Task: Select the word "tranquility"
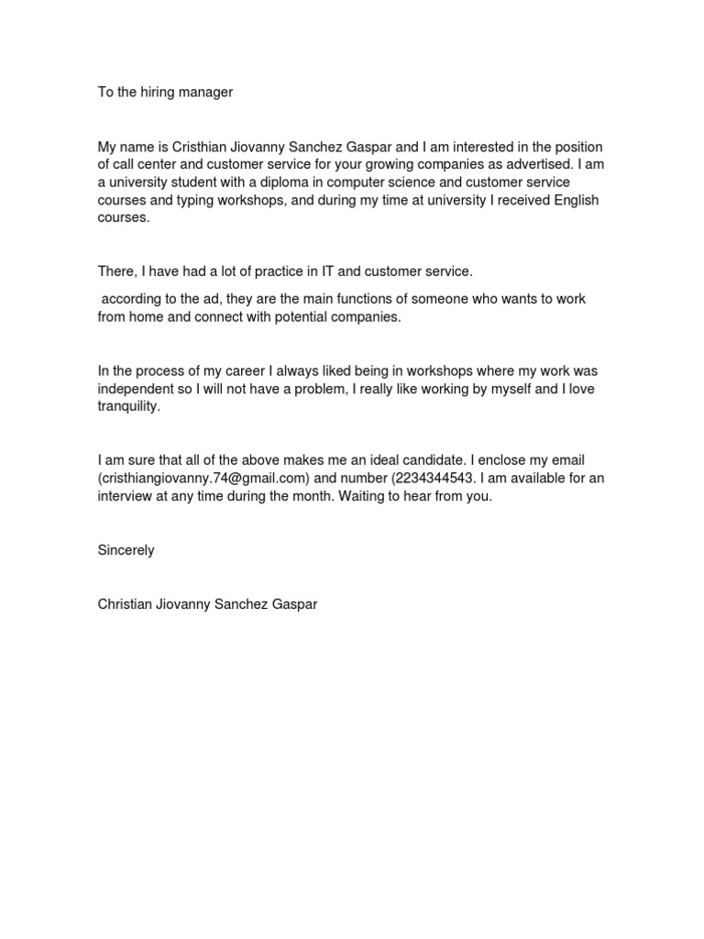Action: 129,406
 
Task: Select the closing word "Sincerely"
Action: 126,550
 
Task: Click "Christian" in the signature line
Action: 127,605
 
